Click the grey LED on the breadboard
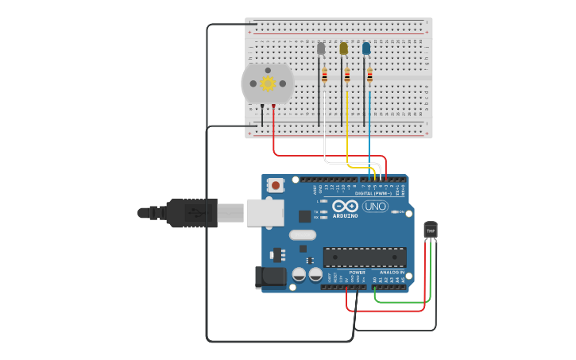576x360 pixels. pyautogui.click(x=321, y=48)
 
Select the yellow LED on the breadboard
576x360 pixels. pyautogui.click(x=343, y=48)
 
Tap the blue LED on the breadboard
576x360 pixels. pyautogui.click(x=366, y=48)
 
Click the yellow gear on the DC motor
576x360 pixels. pyautogui.click(x=268, y=83)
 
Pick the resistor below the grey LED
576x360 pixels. pyautogui.click(x=324, y=76)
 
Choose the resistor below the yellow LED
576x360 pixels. pyautogui.click(x=347, y=76)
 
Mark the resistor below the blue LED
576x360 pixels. pyautogui.click(x=369, y=76)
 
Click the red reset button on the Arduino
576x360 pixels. pyautogui.click(x=276, y=185)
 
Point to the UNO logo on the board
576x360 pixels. pyautogui.click(x=375, y=207)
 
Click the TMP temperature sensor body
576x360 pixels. pyautogui.click(x=431, y=230)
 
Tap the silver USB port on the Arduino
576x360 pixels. pyautogui.click(x=265, y=212)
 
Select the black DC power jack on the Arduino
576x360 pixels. pyautogui.click(x=269, y=277)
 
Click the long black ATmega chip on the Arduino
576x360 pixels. pyautogui.click(x=365, y=257)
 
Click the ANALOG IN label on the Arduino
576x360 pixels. pyautogui.click(x=392, y=272)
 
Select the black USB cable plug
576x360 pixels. pyautogui.click(x=191, y=213)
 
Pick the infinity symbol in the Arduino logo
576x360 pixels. pyautogui.click(x=346, y=206)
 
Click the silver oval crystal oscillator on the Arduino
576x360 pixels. pyautogui.click(x=303, y=234)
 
